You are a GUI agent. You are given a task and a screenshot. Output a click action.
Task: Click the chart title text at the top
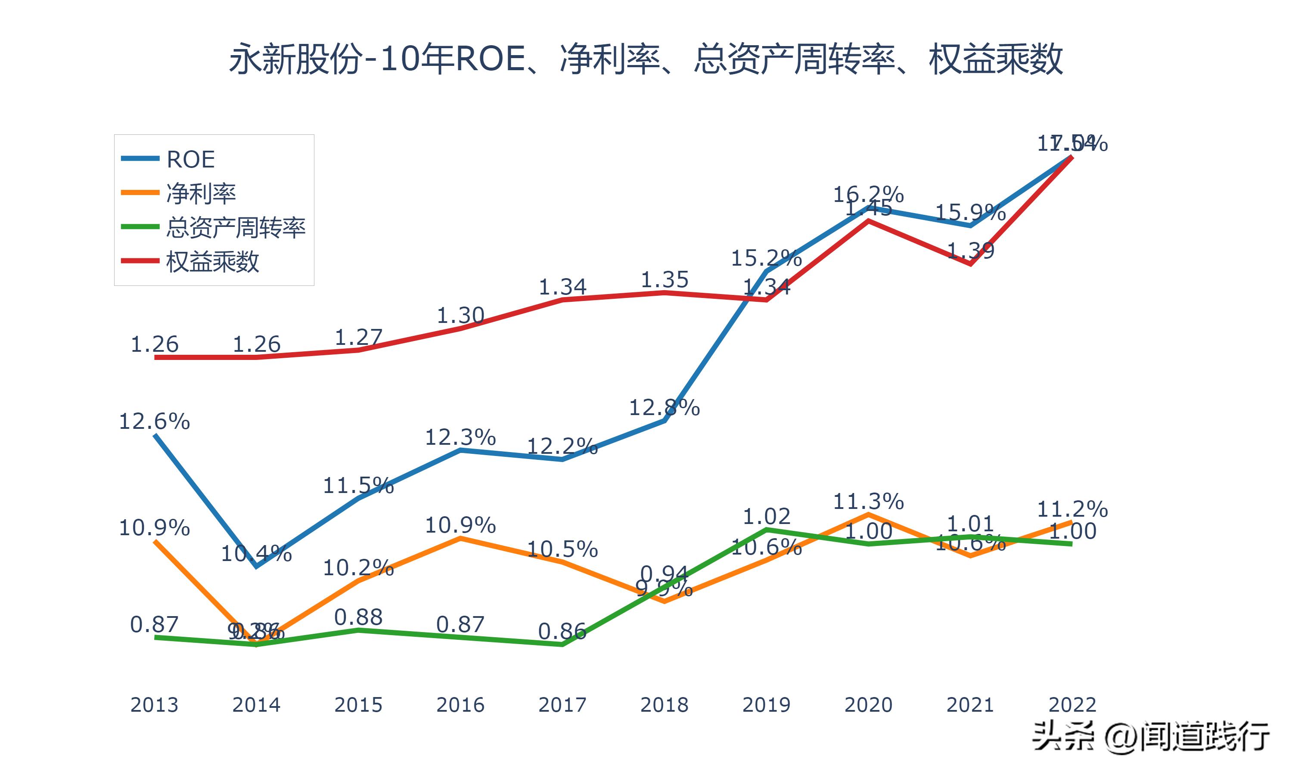tap(646, 59)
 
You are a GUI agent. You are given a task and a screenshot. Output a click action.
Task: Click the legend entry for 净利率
tap(201, 194)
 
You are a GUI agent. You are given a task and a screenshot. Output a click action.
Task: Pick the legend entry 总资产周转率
tap(236, 228)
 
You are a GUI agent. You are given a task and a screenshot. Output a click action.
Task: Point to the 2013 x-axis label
tap(154, 705)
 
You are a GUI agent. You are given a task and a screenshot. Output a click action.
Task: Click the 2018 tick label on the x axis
tap(664, 705)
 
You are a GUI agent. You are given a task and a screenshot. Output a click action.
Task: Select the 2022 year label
tap(1072, 705)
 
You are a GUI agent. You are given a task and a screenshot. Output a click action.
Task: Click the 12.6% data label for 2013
tap(154, 422)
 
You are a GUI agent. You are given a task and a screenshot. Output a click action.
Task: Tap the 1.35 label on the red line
tap(664, 280)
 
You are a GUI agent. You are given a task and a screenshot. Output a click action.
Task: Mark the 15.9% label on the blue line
tap(970, 213)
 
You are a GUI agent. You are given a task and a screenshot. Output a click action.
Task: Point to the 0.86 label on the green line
tap(562, 632)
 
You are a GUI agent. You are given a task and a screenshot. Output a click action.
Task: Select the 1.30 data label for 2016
tap(460, 316)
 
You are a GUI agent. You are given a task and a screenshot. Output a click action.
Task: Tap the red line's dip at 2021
tap(970, 264)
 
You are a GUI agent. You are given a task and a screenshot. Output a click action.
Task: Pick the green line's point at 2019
tap(766, 530)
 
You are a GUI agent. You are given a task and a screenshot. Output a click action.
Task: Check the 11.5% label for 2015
tap(358, 486)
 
